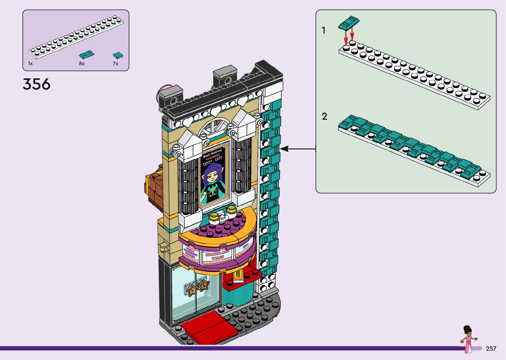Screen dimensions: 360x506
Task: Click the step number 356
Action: [x=36, y=84]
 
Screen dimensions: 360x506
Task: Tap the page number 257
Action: [x=491, y=348]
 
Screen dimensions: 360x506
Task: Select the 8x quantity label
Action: [x=82, y=63]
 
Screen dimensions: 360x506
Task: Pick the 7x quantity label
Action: [x=115, y=63]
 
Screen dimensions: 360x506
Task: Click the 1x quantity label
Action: [x=30, y=63]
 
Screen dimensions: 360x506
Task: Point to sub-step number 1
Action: [x=324, y=30]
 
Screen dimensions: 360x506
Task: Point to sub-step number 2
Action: [x=324, y=116]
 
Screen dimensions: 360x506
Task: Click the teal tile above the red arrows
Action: [x=349, y=22]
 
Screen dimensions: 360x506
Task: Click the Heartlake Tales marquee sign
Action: [x=217, y=255]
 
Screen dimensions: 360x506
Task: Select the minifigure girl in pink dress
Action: [x=468, y=339]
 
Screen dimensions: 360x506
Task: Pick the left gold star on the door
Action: [x=192, y=290]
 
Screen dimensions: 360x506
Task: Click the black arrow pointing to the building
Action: [x=297, y=149]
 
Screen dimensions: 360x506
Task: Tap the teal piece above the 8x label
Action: [x=87, y=54]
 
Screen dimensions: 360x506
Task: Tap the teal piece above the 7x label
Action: [x=118, y=55]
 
